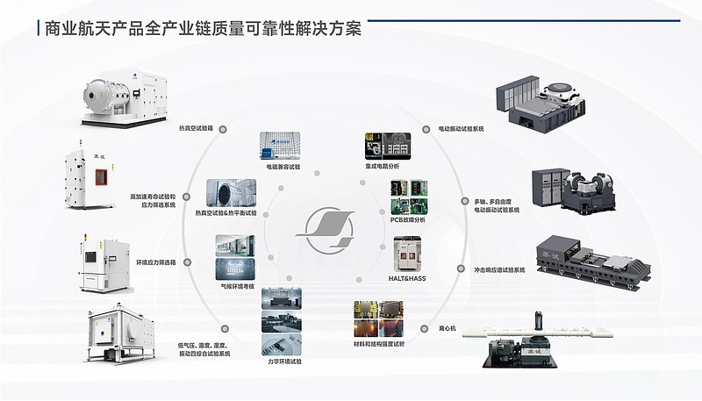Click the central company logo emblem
click(x=325, y=229)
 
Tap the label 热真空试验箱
click(x=195, y=128)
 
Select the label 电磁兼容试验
click(x=283, y=165)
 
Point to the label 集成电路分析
click(x=382, y=165)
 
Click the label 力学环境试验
click(x=283, y=360)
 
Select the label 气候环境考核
click(x=237, y=286)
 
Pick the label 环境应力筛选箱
click(x=155, y=261)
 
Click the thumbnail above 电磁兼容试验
click(x=282, y=146)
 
